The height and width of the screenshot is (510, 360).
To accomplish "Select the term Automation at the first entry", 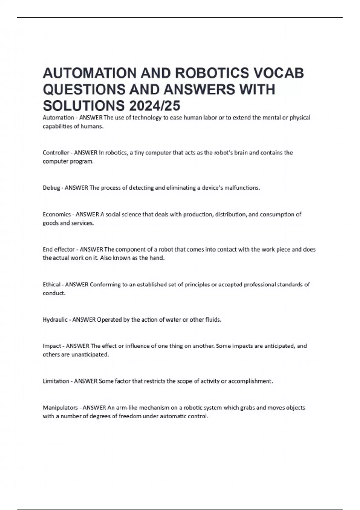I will pyautogui.click(x=58, y=118).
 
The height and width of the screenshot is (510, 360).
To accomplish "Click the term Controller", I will pyautogui.click(x=56, y=153).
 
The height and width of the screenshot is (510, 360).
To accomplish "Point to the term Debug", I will pyautogui.click(x=51, y=188).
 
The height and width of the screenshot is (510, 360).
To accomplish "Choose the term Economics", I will pyautogui.click(x=57, y=214).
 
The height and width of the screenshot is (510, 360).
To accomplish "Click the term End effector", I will pyautogui.click(x=58, y=250).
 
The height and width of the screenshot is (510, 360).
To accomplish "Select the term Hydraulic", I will pyautogui.click(x=55, y=320).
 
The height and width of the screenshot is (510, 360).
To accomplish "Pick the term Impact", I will pyautogui.click(x=52, y=346).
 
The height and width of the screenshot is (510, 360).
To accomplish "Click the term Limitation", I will pyautogui.click(x=56, y=381).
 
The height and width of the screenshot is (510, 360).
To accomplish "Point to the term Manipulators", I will pyautogui.click(x=60, y=408).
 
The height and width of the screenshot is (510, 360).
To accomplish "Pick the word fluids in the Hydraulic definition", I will pyautogui.click(x=213, y=320).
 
